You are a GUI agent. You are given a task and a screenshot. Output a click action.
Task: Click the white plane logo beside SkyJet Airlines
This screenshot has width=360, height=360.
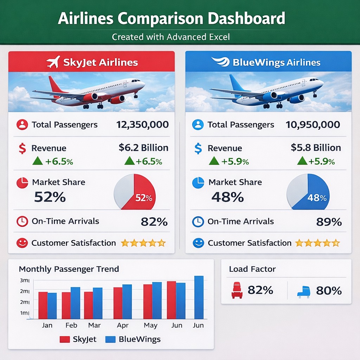pyautogui.click(x=52, y=62)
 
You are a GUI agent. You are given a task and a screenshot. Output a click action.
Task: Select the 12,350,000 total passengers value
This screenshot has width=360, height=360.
pyautogui.click(x=142, y=124)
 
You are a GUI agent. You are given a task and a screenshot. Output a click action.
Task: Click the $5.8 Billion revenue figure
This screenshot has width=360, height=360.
pyautogui.click(x=316, y=148)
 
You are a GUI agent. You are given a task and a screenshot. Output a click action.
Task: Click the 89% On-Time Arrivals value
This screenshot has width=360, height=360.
pyautogui.click(x=329, y=222)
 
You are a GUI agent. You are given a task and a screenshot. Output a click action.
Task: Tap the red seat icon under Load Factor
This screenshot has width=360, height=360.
pyautogui.click(x=237, y=290)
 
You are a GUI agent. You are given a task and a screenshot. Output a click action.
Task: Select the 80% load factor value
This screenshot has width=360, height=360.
pyautogui.click(x=329, y=290)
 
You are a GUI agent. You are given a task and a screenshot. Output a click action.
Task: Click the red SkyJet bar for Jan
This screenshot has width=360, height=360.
pyautogui.click(x=43, y=305)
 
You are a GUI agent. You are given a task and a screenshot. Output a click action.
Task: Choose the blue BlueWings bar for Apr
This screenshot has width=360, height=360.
pyautogui.click(x=127, y=301)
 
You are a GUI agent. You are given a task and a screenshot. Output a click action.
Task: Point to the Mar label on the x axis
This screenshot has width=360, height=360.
pyautogui.click(x=94, y=325)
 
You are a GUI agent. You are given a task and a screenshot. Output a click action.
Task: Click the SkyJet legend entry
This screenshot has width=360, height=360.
pyautogui.click(x=78, y=339)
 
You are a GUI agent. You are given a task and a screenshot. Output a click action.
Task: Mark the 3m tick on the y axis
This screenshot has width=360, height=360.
pyautogui.click(x=24, y=281)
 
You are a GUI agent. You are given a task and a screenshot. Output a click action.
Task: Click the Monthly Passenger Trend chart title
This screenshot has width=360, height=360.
pyautogui.click(x=69, y=269)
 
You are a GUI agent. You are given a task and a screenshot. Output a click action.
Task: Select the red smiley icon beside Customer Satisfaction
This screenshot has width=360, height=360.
pyautogui.click(x=22, y=243)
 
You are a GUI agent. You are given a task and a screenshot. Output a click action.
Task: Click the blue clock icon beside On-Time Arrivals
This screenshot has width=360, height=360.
pyautogui.click(x=198, y=221)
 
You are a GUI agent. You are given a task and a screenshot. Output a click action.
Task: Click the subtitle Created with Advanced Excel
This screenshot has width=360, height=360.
pyautogui.click(x=171, y=37)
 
